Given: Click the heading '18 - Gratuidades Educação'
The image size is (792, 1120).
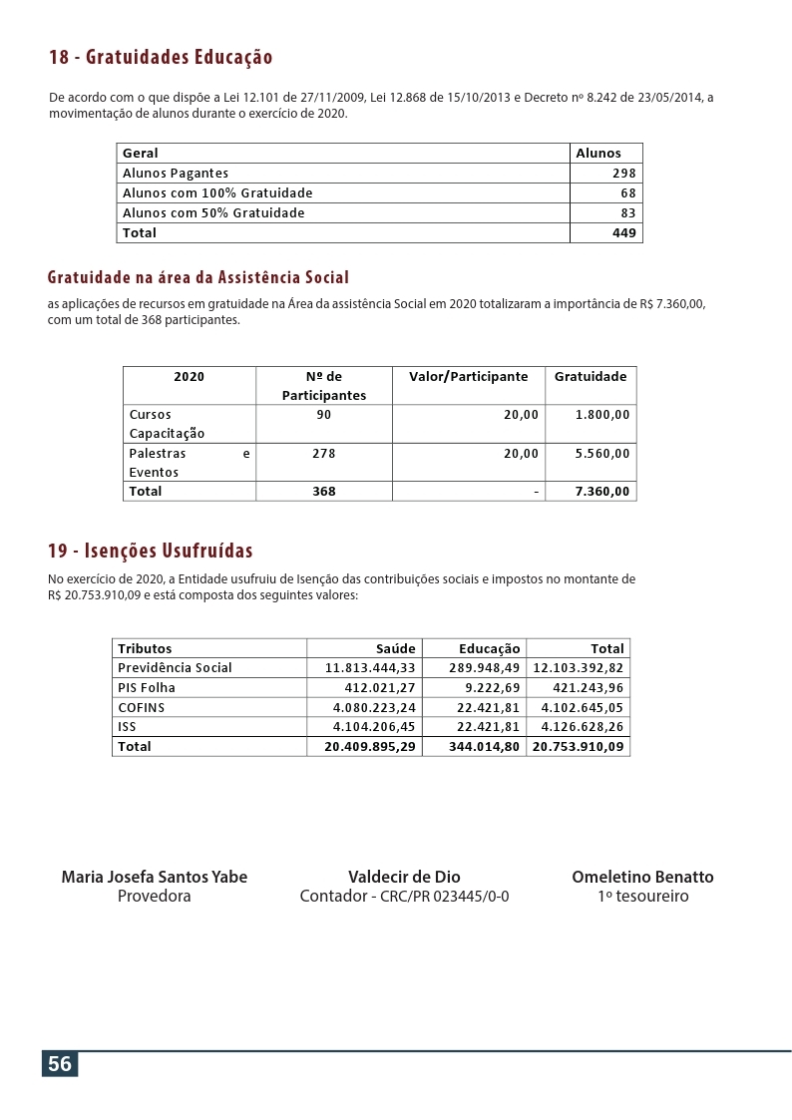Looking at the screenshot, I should (161, 58).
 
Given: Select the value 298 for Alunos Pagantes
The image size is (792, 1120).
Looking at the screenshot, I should (623, 174).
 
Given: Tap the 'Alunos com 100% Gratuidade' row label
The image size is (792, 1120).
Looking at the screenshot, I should (217, 193).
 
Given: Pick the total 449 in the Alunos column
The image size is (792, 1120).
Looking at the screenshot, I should (623, 233).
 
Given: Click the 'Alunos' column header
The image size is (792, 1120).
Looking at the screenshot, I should (598, 154).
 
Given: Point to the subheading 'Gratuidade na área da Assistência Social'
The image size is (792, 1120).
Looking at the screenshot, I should (198, 277).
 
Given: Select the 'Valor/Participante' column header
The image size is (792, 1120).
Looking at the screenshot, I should (468, 377).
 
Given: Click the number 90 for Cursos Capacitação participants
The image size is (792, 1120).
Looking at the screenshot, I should (323, 415).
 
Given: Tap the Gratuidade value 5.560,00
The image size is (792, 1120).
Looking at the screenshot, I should (602, 454).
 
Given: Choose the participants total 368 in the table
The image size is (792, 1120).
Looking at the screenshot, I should (323, 492).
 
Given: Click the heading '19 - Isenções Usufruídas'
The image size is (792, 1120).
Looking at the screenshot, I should (151, 551).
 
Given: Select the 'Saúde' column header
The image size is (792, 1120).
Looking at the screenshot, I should (395, 649).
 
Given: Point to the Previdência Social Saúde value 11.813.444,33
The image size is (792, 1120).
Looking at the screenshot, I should (370, 668).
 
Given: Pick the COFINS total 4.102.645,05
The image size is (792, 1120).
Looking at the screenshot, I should (582, 708).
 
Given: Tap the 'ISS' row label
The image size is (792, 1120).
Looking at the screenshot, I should (127, 727).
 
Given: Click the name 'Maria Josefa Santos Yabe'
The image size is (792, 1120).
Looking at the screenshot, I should (155, 878).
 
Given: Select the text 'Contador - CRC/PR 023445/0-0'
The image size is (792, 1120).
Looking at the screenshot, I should (404, 897).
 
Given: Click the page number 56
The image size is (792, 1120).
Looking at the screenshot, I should (60, 1064).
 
